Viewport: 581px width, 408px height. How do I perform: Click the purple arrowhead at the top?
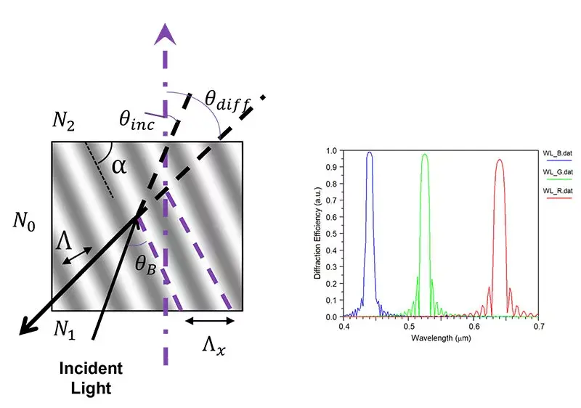tap(166, 33)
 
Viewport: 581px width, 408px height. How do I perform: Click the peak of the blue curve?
tap(370, 152)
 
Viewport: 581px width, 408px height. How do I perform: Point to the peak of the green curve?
tap(425, 154)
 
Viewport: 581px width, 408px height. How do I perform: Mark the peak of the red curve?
tap(500, 160)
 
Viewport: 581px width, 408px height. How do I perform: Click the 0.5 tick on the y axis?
tap(335, 234)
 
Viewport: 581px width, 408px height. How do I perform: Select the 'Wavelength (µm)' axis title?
tap(441, 338)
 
